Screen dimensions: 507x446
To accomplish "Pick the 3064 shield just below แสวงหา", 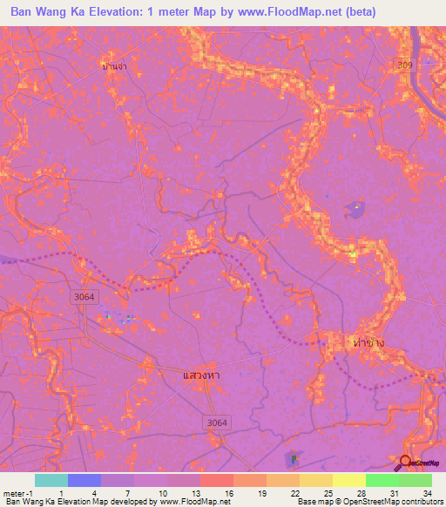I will [218, 422].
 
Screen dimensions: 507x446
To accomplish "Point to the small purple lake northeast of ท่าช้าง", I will [355, 209].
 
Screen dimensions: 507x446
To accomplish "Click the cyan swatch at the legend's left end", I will [51, 480].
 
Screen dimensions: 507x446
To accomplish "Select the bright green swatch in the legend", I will [382, 480].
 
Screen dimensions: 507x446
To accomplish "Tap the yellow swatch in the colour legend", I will [348, 480].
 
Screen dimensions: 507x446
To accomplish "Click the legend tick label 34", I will [427, 492].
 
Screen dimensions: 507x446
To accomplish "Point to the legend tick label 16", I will [227, 492].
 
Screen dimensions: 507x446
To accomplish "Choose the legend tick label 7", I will [127, 492].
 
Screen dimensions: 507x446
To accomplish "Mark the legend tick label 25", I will [327, 492].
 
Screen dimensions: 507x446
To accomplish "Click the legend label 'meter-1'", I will [17, 492].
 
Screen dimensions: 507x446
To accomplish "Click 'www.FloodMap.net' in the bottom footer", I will [189, 502].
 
